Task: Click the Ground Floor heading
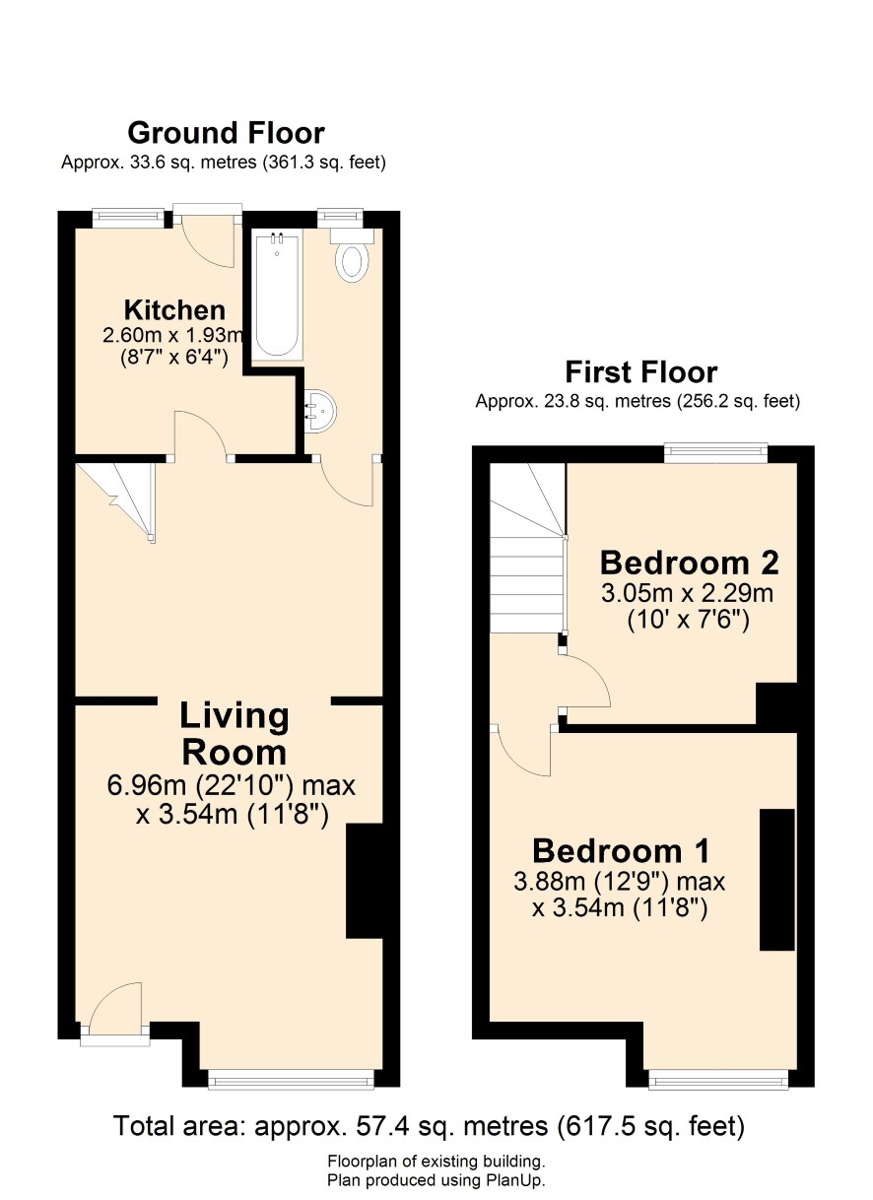click(226, 133)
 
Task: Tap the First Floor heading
click(640, 372)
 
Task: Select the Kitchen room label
click(174, 310)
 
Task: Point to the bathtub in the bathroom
click(277, 296)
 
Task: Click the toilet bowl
click(352, 262)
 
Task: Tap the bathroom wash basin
click(320, 410)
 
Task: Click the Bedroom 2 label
click(689, 563)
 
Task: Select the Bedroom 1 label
click(621, 850)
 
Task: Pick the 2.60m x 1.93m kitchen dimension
click(173, 336)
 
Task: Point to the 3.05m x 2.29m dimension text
click(688, 593)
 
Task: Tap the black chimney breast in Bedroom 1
click(777, 880)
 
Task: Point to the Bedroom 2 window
click(716, 452)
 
